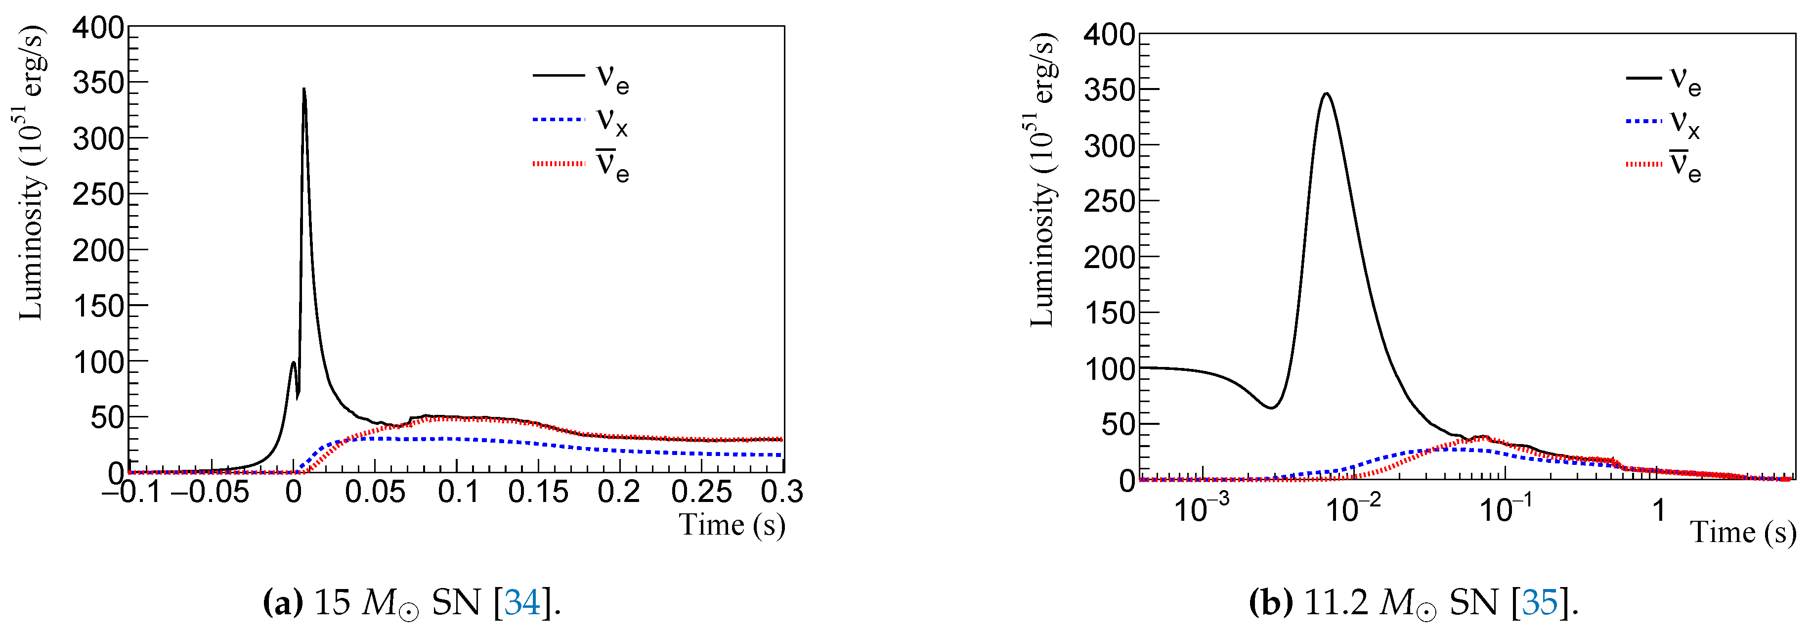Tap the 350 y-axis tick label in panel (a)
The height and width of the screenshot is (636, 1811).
[x=98, y=83]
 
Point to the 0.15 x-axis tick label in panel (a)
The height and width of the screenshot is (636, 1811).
[x=538, y=492]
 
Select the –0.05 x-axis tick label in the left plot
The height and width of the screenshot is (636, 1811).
[x=210, y=492]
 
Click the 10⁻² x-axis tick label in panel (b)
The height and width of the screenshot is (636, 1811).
[x=1353, y=506]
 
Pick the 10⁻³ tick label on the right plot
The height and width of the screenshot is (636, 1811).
[x=1202, y=506]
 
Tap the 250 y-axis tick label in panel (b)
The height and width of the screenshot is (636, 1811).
[x=1109, y=202]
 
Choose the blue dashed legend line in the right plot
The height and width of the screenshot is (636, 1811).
[x=1643, y=122]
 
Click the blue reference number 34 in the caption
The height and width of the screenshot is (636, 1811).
[x=522, y=602]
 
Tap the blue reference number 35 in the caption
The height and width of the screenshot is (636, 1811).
[x=1540, y=602]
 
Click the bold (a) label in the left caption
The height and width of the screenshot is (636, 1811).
[x=283, y=602]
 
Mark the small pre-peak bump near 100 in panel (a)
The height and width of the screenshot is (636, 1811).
[x=293, y=363]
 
